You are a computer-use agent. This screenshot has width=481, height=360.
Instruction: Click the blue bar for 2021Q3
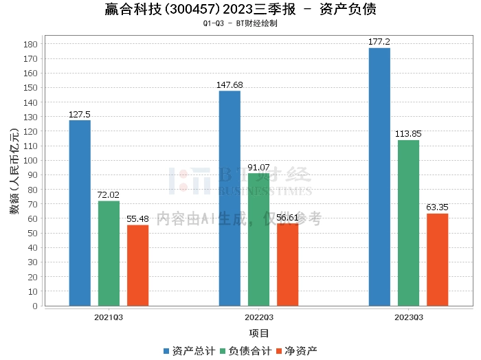[80, 213]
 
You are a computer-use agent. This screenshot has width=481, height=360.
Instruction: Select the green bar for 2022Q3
[258, 240]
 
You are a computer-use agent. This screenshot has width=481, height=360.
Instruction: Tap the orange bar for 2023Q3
[438, 260]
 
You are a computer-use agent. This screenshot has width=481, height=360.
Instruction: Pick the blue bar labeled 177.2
[379, 177]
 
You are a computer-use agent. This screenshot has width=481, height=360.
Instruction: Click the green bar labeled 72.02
[109, 254]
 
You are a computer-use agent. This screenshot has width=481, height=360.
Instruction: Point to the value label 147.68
[230, 85]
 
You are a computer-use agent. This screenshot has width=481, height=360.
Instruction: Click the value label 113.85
[408, 134]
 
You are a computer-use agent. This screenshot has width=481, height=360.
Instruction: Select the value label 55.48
[137, 219]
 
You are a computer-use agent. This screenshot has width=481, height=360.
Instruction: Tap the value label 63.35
[438, 207]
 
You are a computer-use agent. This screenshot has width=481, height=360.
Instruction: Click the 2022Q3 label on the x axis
[259, 317]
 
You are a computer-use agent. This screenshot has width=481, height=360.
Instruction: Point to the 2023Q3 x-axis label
[409, 317]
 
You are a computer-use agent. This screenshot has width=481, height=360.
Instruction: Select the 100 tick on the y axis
[30, 160]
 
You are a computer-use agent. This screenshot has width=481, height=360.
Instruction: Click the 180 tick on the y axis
[30, 44]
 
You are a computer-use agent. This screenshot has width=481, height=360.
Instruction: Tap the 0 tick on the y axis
[35, 306]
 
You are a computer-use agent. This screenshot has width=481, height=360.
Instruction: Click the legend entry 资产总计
[190, 351]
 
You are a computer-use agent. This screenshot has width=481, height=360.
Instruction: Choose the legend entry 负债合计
[246, 351]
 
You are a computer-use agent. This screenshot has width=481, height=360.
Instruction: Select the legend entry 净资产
[297, 351]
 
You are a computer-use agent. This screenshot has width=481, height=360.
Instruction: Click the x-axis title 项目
[259, 333]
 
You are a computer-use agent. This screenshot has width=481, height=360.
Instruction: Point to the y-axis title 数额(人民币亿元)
[14, 171]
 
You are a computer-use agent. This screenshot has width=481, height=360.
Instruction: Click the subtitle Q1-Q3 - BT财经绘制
[240, 23]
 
